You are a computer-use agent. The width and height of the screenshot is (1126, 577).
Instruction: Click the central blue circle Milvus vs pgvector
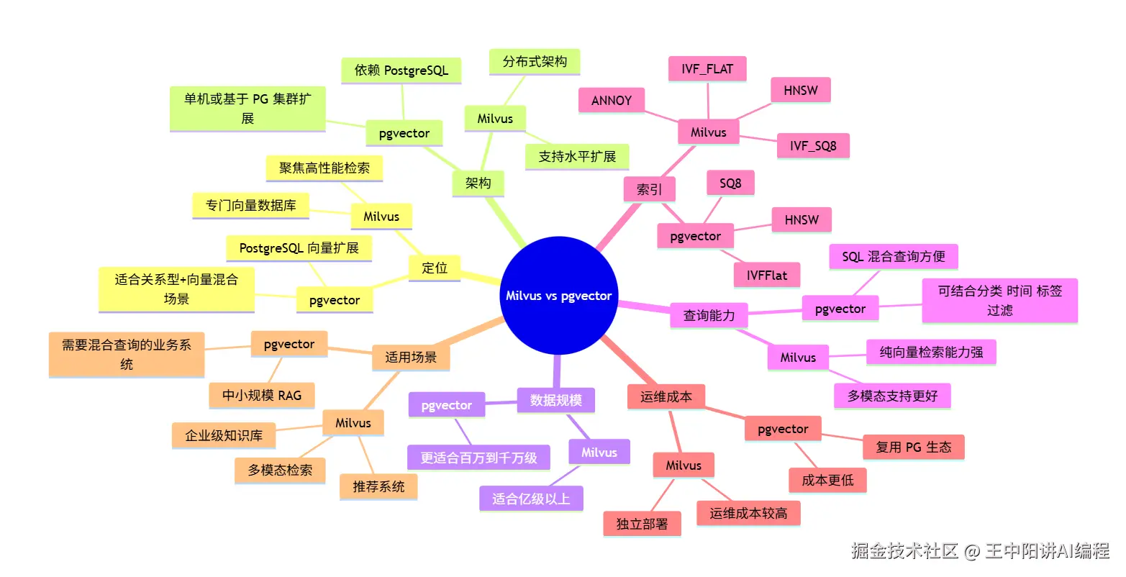(x=558, y=296)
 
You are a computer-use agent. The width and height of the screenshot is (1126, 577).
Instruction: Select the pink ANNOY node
(x=611, y=101)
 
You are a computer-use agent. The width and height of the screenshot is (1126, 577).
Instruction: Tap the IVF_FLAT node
(x=707, y=69)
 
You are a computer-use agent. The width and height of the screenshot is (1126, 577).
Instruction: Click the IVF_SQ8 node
(x=813, y=146)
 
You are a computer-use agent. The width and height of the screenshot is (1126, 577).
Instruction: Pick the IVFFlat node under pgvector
(x=766, y=276)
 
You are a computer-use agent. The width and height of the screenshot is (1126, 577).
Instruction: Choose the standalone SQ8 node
(x=730, y=183)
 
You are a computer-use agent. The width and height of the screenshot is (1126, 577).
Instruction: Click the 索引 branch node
(x=649, y=190)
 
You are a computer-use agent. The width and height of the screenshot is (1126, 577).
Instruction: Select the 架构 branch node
(x=478, y=183)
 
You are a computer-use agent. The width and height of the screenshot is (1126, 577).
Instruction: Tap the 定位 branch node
(x=434, y=268)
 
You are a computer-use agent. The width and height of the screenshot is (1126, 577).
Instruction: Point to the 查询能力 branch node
(x=709, y=315)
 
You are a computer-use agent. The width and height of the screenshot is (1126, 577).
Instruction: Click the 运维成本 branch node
(x=666, y=396)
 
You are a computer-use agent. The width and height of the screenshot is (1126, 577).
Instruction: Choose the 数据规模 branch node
(x=555, y=400)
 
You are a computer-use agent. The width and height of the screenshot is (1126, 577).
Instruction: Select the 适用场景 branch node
(x=410, y=357)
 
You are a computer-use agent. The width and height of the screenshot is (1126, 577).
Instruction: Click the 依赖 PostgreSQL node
(x=401, y=71)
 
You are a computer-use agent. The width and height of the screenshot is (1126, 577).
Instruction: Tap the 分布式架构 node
(x=535, y=62)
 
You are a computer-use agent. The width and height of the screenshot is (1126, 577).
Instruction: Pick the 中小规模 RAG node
(x=262, y=395)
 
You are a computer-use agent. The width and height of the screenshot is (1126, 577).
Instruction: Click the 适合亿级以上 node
(x=531, y=499)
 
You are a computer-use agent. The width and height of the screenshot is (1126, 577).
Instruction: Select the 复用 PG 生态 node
(x=913, y=447)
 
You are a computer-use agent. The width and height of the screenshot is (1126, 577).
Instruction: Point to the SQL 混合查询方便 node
(x=893, y=257)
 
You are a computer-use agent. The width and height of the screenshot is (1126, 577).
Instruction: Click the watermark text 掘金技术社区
(x=904, y=551)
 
